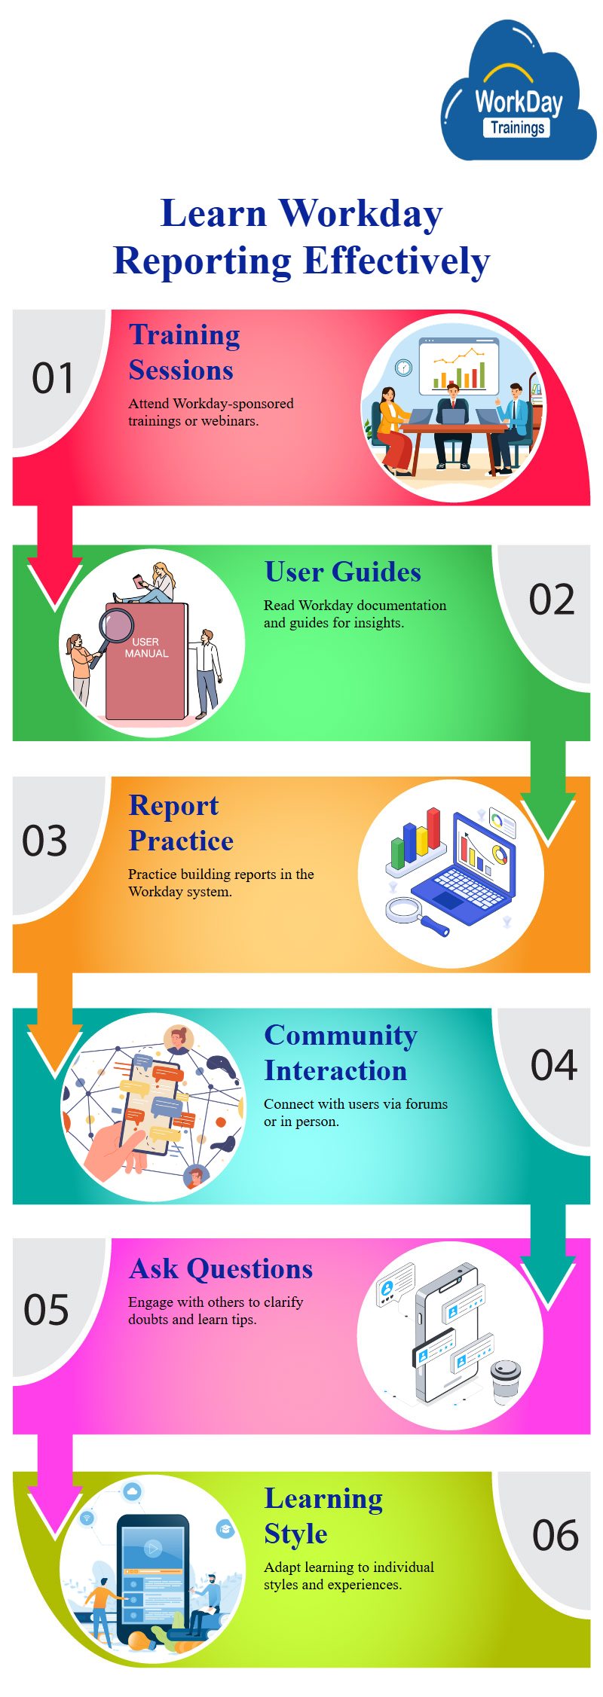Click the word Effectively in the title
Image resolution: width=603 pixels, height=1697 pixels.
click(396, 261)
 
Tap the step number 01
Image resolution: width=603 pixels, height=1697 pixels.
click(53, 378)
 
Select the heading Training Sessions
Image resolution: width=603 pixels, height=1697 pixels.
click(185, 353)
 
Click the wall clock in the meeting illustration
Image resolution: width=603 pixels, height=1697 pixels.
click(404, 368)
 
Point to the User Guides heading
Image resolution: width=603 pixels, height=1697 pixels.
click(343, 572)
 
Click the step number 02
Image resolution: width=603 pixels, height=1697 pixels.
click(552, 600)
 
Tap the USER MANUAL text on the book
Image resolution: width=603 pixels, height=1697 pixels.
click(146, 648)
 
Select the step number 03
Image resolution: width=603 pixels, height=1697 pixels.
click(44, 841)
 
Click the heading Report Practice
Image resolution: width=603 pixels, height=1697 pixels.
click(182, 823)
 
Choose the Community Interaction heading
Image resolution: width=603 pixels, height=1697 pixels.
click(341, 1053)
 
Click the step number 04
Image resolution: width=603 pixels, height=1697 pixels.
click(554, 1065)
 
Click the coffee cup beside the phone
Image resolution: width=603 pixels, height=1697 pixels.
click(506, 1382)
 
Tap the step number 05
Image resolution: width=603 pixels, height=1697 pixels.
click(46, 1310)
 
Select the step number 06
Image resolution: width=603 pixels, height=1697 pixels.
click(556, 1535)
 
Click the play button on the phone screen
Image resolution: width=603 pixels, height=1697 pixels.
click(153, 1549)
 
